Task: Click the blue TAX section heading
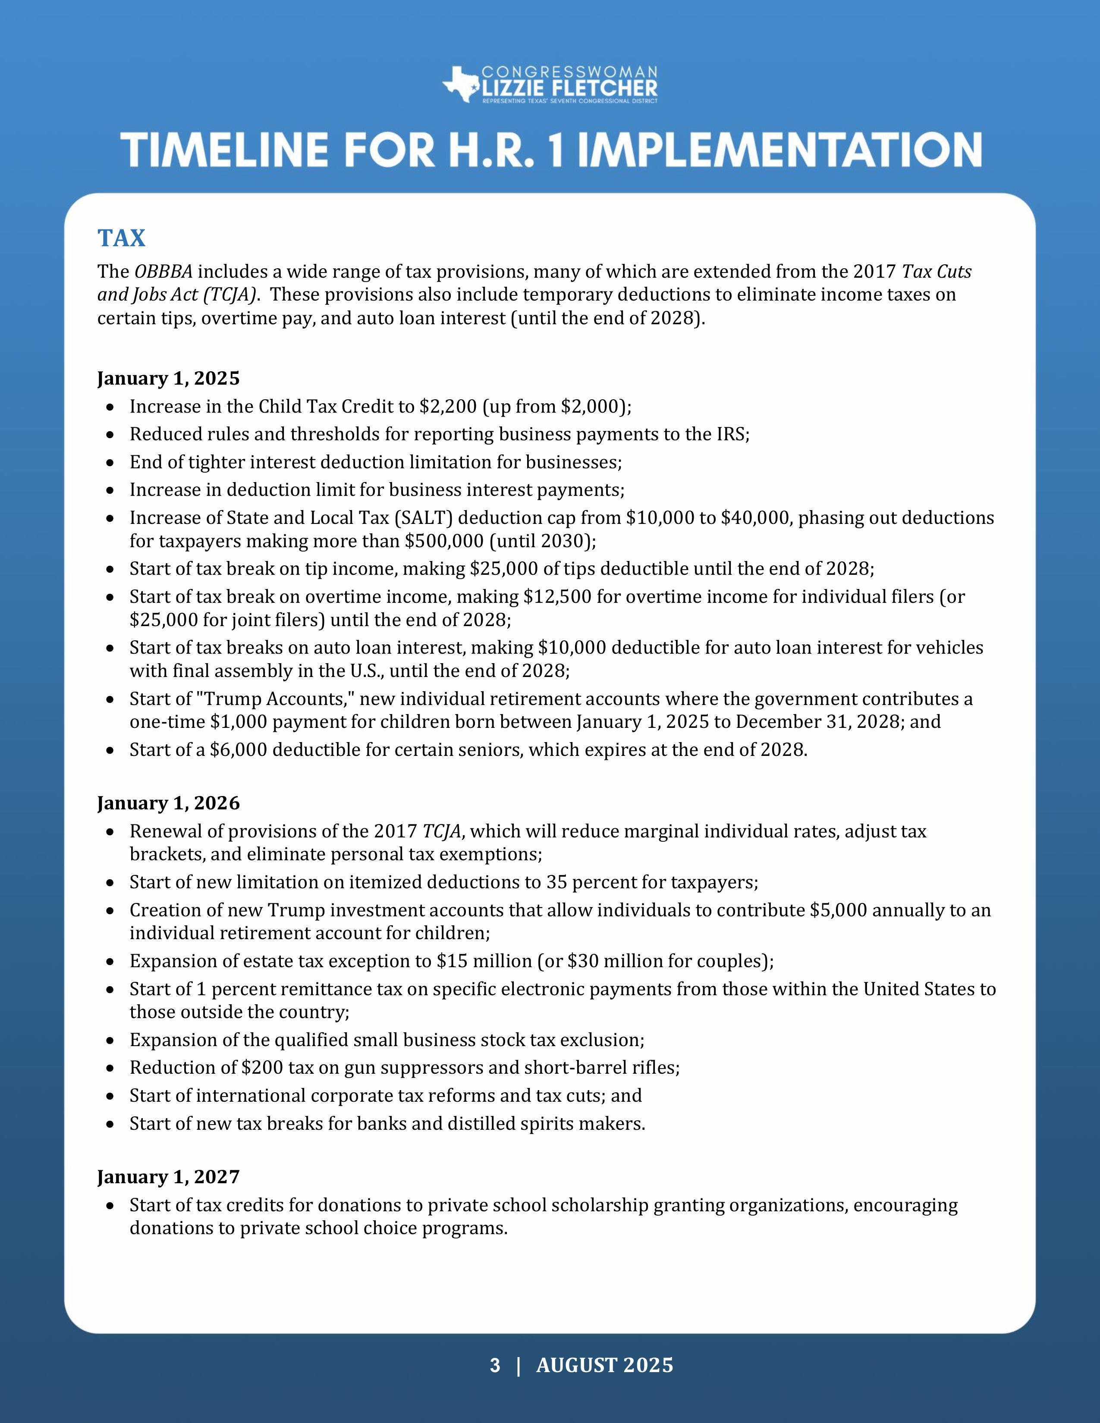point(121,238)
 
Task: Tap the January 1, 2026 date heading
point(168,803)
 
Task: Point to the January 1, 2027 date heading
point(168,1177)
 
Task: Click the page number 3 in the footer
point(495,1365)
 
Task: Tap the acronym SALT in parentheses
point(421,517)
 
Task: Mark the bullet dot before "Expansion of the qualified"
point(112,1041)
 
